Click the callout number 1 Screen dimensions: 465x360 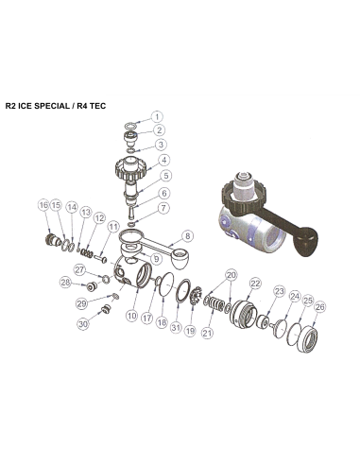point(157,116)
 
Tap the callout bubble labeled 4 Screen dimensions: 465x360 point(163,160)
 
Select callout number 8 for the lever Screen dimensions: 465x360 point(186,235)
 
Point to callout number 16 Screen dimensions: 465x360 point(43,205)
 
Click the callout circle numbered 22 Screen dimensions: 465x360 point(255,284)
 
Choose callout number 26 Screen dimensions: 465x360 point(319,306)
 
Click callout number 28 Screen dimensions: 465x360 point(65,283)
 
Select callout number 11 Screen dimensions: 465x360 point(113,227)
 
